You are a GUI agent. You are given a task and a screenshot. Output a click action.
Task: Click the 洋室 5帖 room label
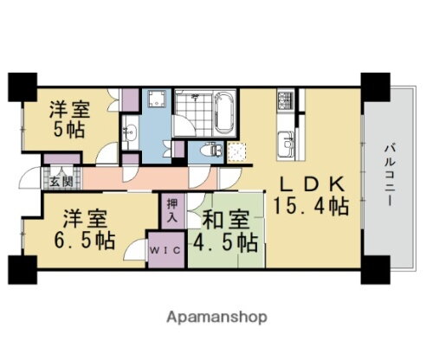click(x=67, y=124)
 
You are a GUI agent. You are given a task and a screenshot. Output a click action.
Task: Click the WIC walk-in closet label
click(x=165, y=250)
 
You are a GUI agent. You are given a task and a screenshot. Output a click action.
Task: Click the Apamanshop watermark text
click(x=216, y=317)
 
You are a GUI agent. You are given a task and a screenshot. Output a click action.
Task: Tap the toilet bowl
click(x=198, y=150)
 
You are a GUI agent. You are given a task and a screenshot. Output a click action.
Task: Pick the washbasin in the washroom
click(x=130, y=133)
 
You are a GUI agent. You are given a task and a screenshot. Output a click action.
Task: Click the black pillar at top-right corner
click(x=374, y=85)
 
